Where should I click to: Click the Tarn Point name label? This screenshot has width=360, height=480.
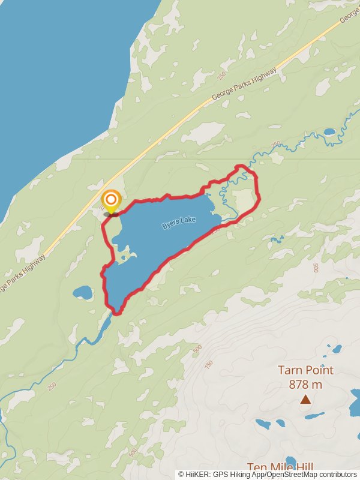305,370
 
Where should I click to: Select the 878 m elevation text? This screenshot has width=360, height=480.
305,385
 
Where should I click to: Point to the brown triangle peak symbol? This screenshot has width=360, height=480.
305,399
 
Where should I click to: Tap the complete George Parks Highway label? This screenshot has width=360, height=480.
244,84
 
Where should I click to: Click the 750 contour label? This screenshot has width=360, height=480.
209,365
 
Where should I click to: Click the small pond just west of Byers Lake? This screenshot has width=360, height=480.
83,293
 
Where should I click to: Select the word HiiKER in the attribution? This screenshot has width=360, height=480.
199,474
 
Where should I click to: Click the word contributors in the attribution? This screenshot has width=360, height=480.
334,474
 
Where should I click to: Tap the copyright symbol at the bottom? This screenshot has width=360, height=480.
181,474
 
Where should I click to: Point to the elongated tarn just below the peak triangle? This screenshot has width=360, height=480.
314,415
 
